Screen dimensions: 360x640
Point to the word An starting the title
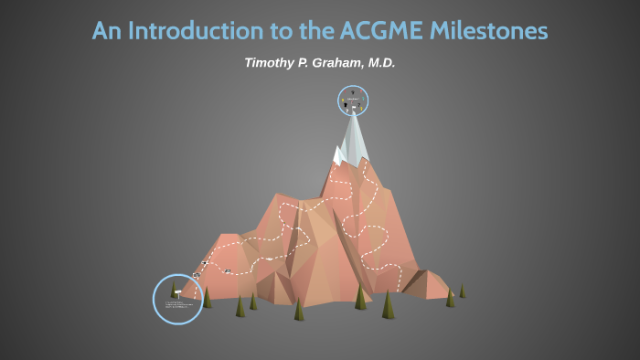106,31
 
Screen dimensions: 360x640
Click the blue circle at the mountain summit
353,101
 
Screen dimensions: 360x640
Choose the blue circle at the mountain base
177,299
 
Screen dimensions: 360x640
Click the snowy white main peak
354,137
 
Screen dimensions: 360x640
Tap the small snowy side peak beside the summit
338,155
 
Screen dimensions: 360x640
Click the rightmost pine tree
462,291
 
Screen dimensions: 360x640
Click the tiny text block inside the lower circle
179,304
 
